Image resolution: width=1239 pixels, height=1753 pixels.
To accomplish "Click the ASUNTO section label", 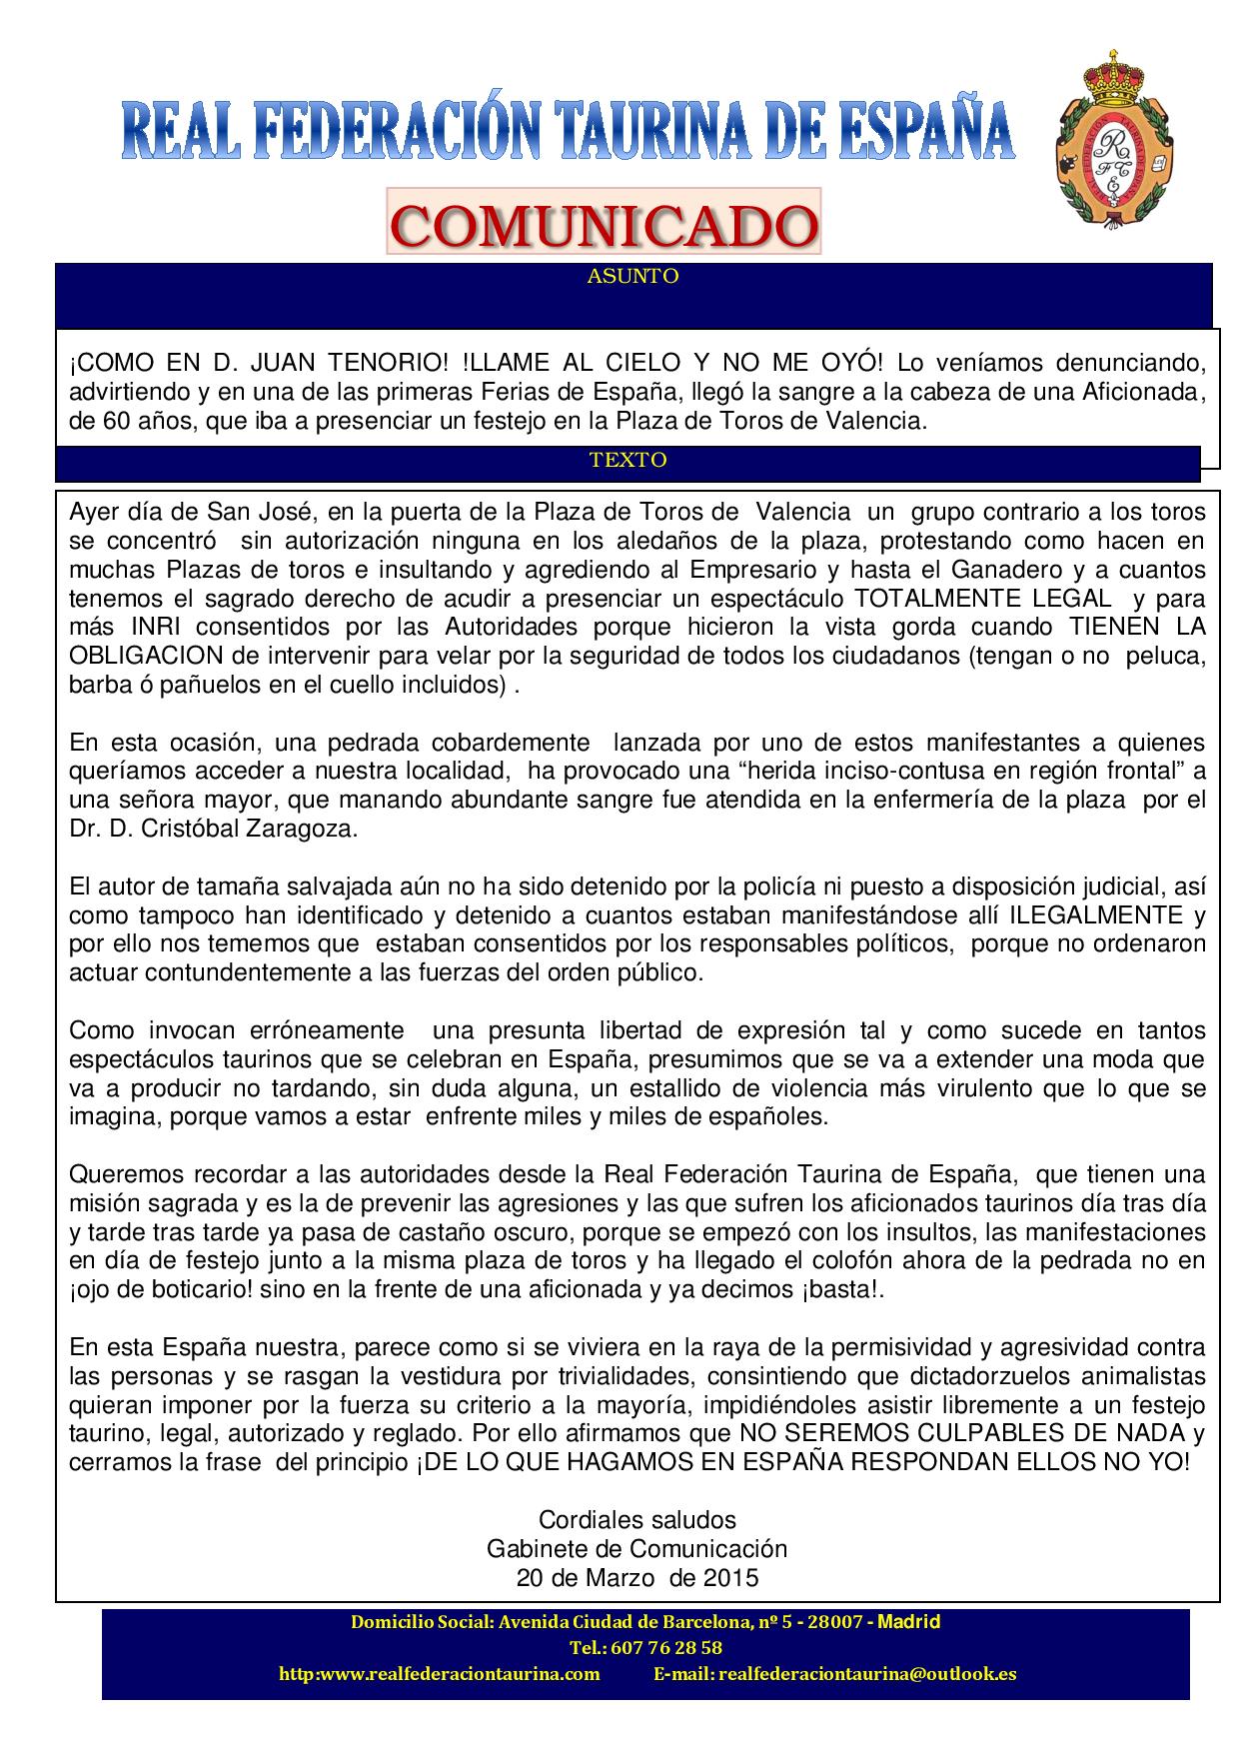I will click(x=632, y=277).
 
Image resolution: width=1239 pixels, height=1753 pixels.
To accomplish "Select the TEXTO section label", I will click(x=627, y=460).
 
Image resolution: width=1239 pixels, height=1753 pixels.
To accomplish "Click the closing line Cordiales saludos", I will click(x=636, y=1520).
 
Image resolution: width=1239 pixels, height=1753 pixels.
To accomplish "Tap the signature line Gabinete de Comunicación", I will click(x=636, y=1549).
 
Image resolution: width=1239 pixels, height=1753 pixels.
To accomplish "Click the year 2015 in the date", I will click(x=730, y=1578).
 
